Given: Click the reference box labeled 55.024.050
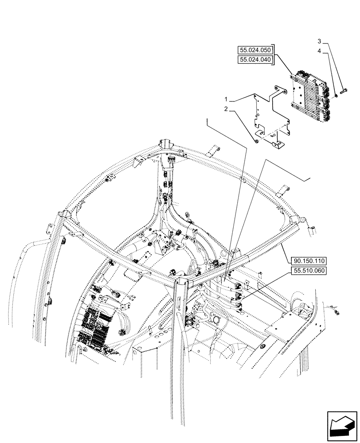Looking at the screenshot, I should pos(255,50).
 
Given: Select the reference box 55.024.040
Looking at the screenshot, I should pos(255,59).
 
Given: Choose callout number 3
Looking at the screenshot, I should pos(319,41).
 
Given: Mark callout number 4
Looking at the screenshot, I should pos(319,52).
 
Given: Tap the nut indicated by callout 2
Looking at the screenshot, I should pos(257,141).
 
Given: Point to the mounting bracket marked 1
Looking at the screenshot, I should pos(270,117).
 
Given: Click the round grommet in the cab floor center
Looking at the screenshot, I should pos(217,319).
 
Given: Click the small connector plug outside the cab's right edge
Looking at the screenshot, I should pos(337,313).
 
